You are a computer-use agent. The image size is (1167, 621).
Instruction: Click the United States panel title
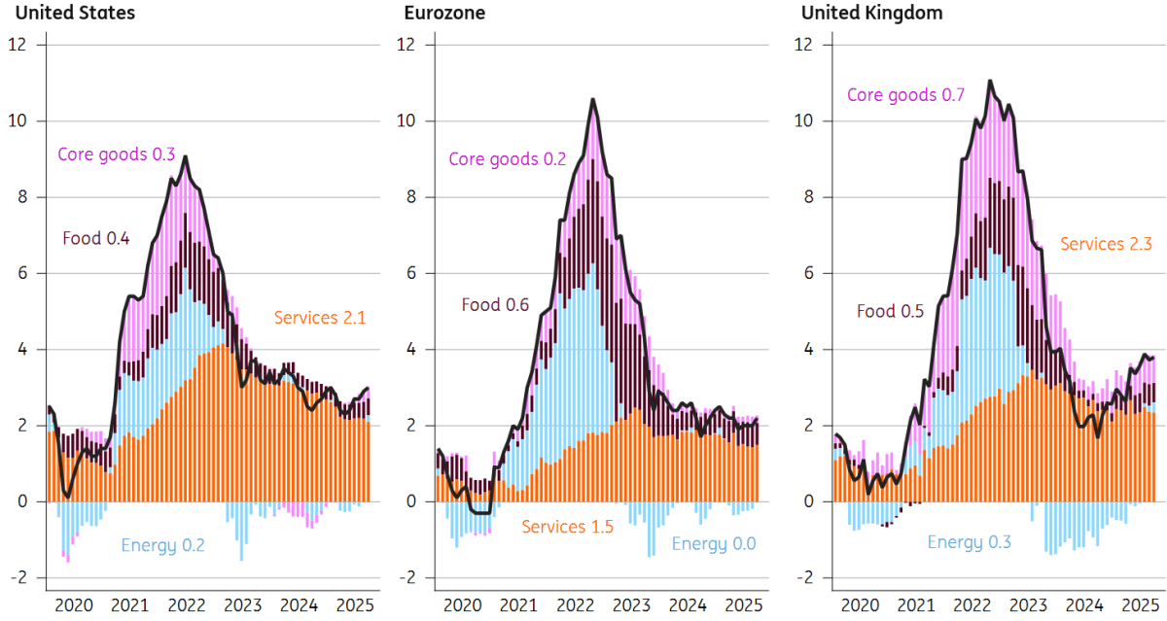69,13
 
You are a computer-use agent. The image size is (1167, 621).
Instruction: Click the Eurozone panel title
444,13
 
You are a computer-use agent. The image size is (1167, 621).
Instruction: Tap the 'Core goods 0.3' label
116,154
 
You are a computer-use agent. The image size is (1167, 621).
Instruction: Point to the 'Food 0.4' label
95,237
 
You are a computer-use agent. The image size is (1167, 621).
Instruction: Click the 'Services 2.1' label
319,317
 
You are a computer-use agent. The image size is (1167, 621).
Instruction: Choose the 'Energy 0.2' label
162,544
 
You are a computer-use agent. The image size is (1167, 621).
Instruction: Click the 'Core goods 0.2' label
507,158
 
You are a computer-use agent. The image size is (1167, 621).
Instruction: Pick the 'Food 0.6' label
495,304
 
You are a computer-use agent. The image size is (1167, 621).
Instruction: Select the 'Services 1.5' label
567,527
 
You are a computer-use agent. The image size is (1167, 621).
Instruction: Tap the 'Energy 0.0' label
713,544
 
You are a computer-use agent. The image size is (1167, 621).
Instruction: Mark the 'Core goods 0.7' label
905,95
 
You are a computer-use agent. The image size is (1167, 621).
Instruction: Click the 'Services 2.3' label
1106,244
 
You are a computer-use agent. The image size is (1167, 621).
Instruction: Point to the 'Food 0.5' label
889,311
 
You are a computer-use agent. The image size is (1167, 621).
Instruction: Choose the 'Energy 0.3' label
969,542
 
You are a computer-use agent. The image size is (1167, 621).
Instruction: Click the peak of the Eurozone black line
592,99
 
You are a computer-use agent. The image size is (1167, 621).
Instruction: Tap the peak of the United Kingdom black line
990,81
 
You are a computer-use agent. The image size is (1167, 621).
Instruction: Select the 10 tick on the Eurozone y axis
406,121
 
